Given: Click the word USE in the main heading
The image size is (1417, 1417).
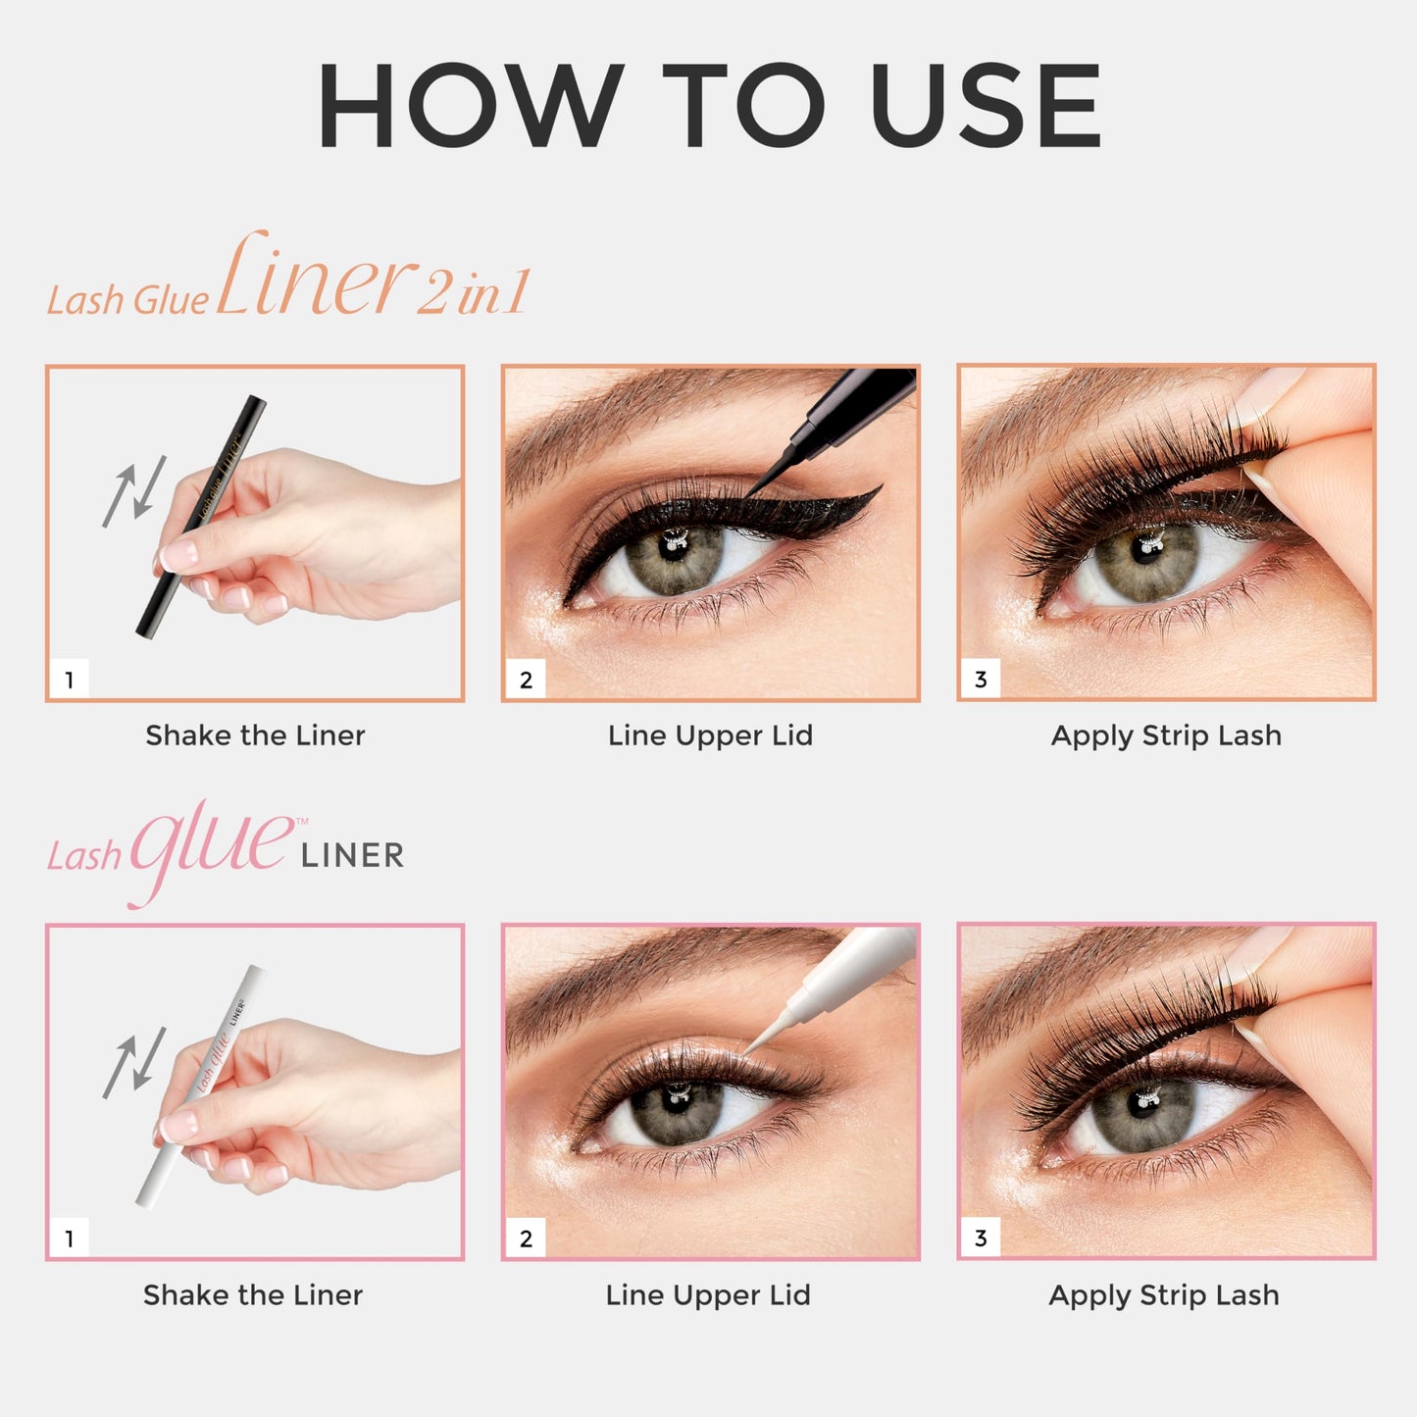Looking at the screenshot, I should pyautogui.click(x=985, y=106).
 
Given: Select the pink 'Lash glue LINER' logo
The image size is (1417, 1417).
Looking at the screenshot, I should pyautogui.click(x=226, y=851).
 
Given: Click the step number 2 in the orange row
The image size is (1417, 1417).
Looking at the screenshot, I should pyautogui.click(x=526, y=680).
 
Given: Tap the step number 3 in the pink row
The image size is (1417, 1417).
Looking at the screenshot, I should pyautogui.click(x=981, y=1239).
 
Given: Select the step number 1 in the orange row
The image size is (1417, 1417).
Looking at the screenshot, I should pyautogui.click(x=70, y=680).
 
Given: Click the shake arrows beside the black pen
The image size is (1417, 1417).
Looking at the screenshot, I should pyautogui.click(x=134, y=490).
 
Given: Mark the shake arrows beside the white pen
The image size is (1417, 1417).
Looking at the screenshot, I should pyautogui.click(x=134, y=1062).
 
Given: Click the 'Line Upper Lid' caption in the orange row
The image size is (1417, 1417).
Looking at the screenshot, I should pyautogui.click(x=710, y=735).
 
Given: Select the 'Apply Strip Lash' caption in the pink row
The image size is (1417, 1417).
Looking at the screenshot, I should pyautogui.click(x=1164, y=1295).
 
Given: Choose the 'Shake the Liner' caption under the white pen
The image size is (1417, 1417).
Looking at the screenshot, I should pyautogui.click(x=253, y=1295).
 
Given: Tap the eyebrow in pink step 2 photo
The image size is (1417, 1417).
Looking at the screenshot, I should pyautogui.click(x=667, y=966).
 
